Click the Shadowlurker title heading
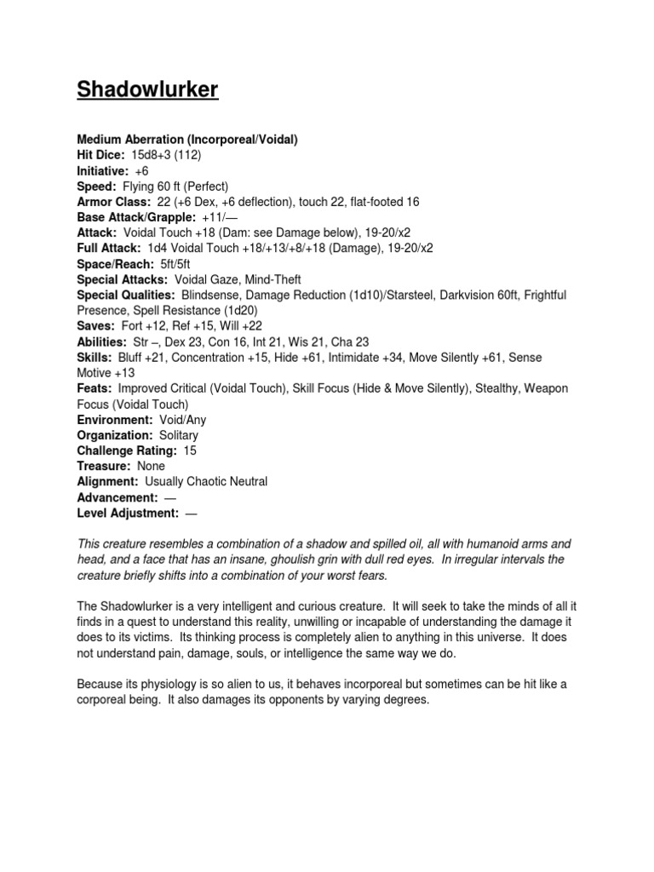(147, 90)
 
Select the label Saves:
(95, 326)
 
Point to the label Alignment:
(107, 482)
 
